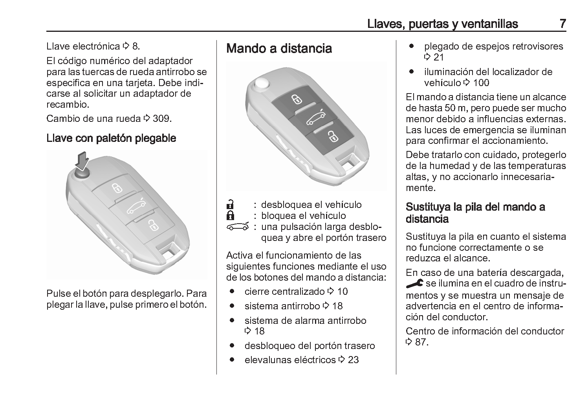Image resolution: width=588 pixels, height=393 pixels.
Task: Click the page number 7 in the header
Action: click(x=562, y=24)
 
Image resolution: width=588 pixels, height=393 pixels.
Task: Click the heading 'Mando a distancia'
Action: click(x=279, y=48)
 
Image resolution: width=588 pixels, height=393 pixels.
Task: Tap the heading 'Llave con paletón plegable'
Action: click(x=111, y=138)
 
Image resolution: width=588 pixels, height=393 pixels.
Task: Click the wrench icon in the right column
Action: click(x=414, y=283)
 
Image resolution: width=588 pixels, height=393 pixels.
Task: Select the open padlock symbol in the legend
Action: click(x=231, y=205)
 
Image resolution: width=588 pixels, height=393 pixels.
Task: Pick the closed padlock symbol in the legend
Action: click(x=231, y=216)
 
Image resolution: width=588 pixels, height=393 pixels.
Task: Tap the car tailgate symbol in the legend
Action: click(x=238, y=227)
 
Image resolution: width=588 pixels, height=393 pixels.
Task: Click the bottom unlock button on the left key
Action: click(x=152, y=225)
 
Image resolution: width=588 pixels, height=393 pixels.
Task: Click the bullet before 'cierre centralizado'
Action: click(x=233, y=291)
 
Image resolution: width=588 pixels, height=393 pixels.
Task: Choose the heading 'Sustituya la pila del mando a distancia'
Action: click(x=475, y=213)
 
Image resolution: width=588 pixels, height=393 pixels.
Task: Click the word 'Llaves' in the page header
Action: click(x=384, y=24)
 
